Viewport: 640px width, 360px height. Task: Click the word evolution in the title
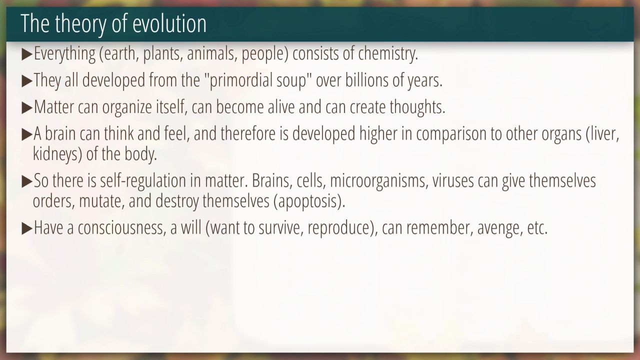tap(169, 23)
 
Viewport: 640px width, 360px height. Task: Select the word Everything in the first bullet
tap(64, 53)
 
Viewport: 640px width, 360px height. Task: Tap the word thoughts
tap(417, 107)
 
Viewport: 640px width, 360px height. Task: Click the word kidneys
tap(55, 154)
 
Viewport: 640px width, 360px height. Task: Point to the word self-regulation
tap(143, 181)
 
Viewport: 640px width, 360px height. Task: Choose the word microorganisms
tap(379, 181)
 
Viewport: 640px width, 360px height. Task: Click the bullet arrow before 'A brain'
tap(27, 134)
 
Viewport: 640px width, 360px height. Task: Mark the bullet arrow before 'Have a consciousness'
tap(27, 229)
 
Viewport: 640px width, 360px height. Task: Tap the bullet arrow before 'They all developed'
tap(27, 81)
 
